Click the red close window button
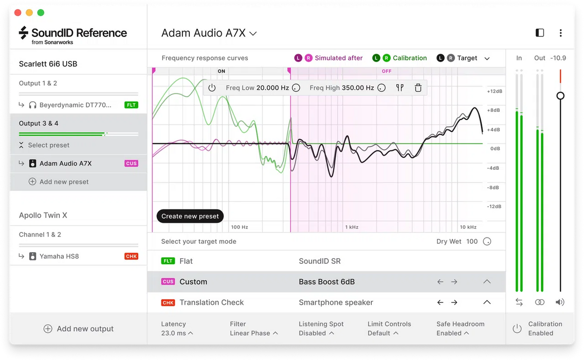18,13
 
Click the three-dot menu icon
561,33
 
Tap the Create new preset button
190,216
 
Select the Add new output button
78,329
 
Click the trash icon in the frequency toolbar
418,88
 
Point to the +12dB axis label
494,91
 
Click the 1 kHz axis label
351,227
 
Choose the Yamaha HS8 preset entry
59,256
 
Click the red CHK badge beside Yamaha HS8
131,256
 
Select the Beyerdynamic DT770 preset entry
75,105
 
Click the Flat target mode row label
186,261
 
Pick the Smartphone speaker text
336,303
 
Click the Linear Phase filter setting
254,333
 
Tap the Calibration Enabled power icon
517,329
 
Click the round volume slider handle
560,96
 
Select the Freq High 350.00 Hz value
357,88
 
